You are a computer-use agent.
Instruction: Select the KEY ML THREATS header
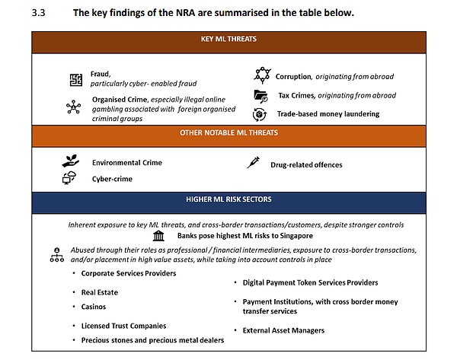(x=228, y=39)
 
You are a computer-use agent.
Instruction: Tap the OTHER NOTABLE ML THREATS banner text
(x=228, y=133)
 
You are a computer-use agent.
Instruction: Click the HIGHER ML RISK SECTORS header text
(x=228, y=199)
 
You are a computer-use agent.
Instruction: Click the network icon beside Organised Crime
(x=74, y=107)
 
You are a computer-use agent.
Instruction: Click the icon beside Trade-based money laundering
(x=260, y=114)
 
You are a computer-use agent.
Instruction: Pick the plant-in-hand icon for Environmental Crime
(x=70, y=162)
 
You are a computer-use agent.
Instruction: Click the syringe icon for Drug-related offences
(x=254, y=162)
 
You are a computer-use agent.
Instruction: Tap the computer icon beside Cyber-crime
(x=69, y=179)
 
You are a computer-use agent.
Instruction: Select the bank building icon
(x=158, y=236)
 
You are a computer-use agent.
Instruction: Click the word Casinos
(x=95, y=306)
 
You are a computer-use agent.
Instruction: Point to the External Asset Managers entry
(x=283, y=330)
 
